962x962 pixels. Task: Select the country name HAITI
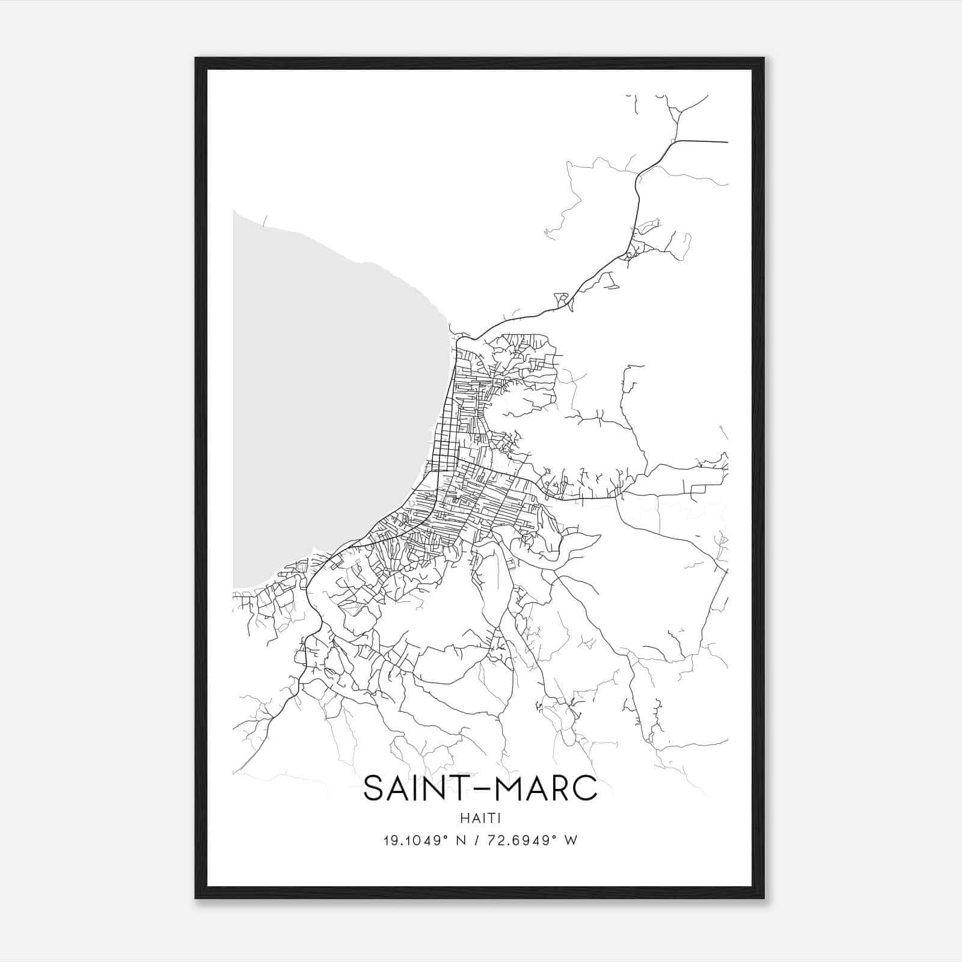click(481, 818)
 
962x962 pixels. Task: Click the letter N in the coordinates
click(462, 840)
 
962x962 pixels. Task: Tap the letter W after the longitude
click(571, 840)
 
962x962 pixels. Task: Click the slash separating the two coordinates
click(479, 840)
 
